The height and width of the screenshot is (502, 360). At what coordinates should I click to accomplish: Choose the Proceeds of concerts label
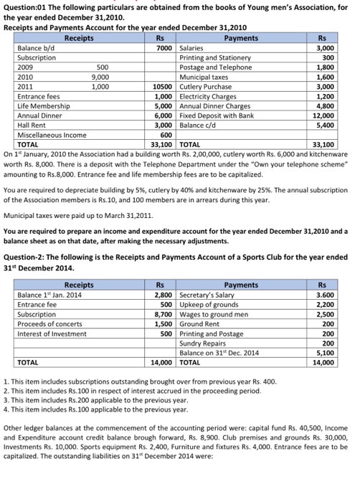click(52, 323)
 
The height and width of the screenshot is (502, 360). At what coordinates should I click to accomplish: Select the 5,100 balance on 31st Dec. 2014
click(325, 353)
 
